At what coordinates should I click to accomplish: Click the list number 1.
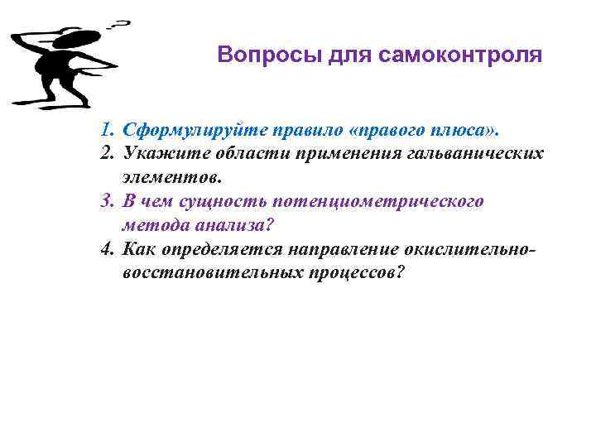pyautogui.click(x=105, y=130)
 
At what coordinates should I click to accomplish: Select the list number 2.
pyautogui.click(x=106, y=154)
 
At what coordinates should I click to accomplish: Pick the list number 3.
pyautogui.click(x=106, y=201)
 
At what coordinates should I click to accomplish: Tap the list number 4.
pyautogui.click(x=106, y=249)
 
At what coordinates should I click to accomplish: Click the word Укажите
pyautogui.click(x=156, y=154)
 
